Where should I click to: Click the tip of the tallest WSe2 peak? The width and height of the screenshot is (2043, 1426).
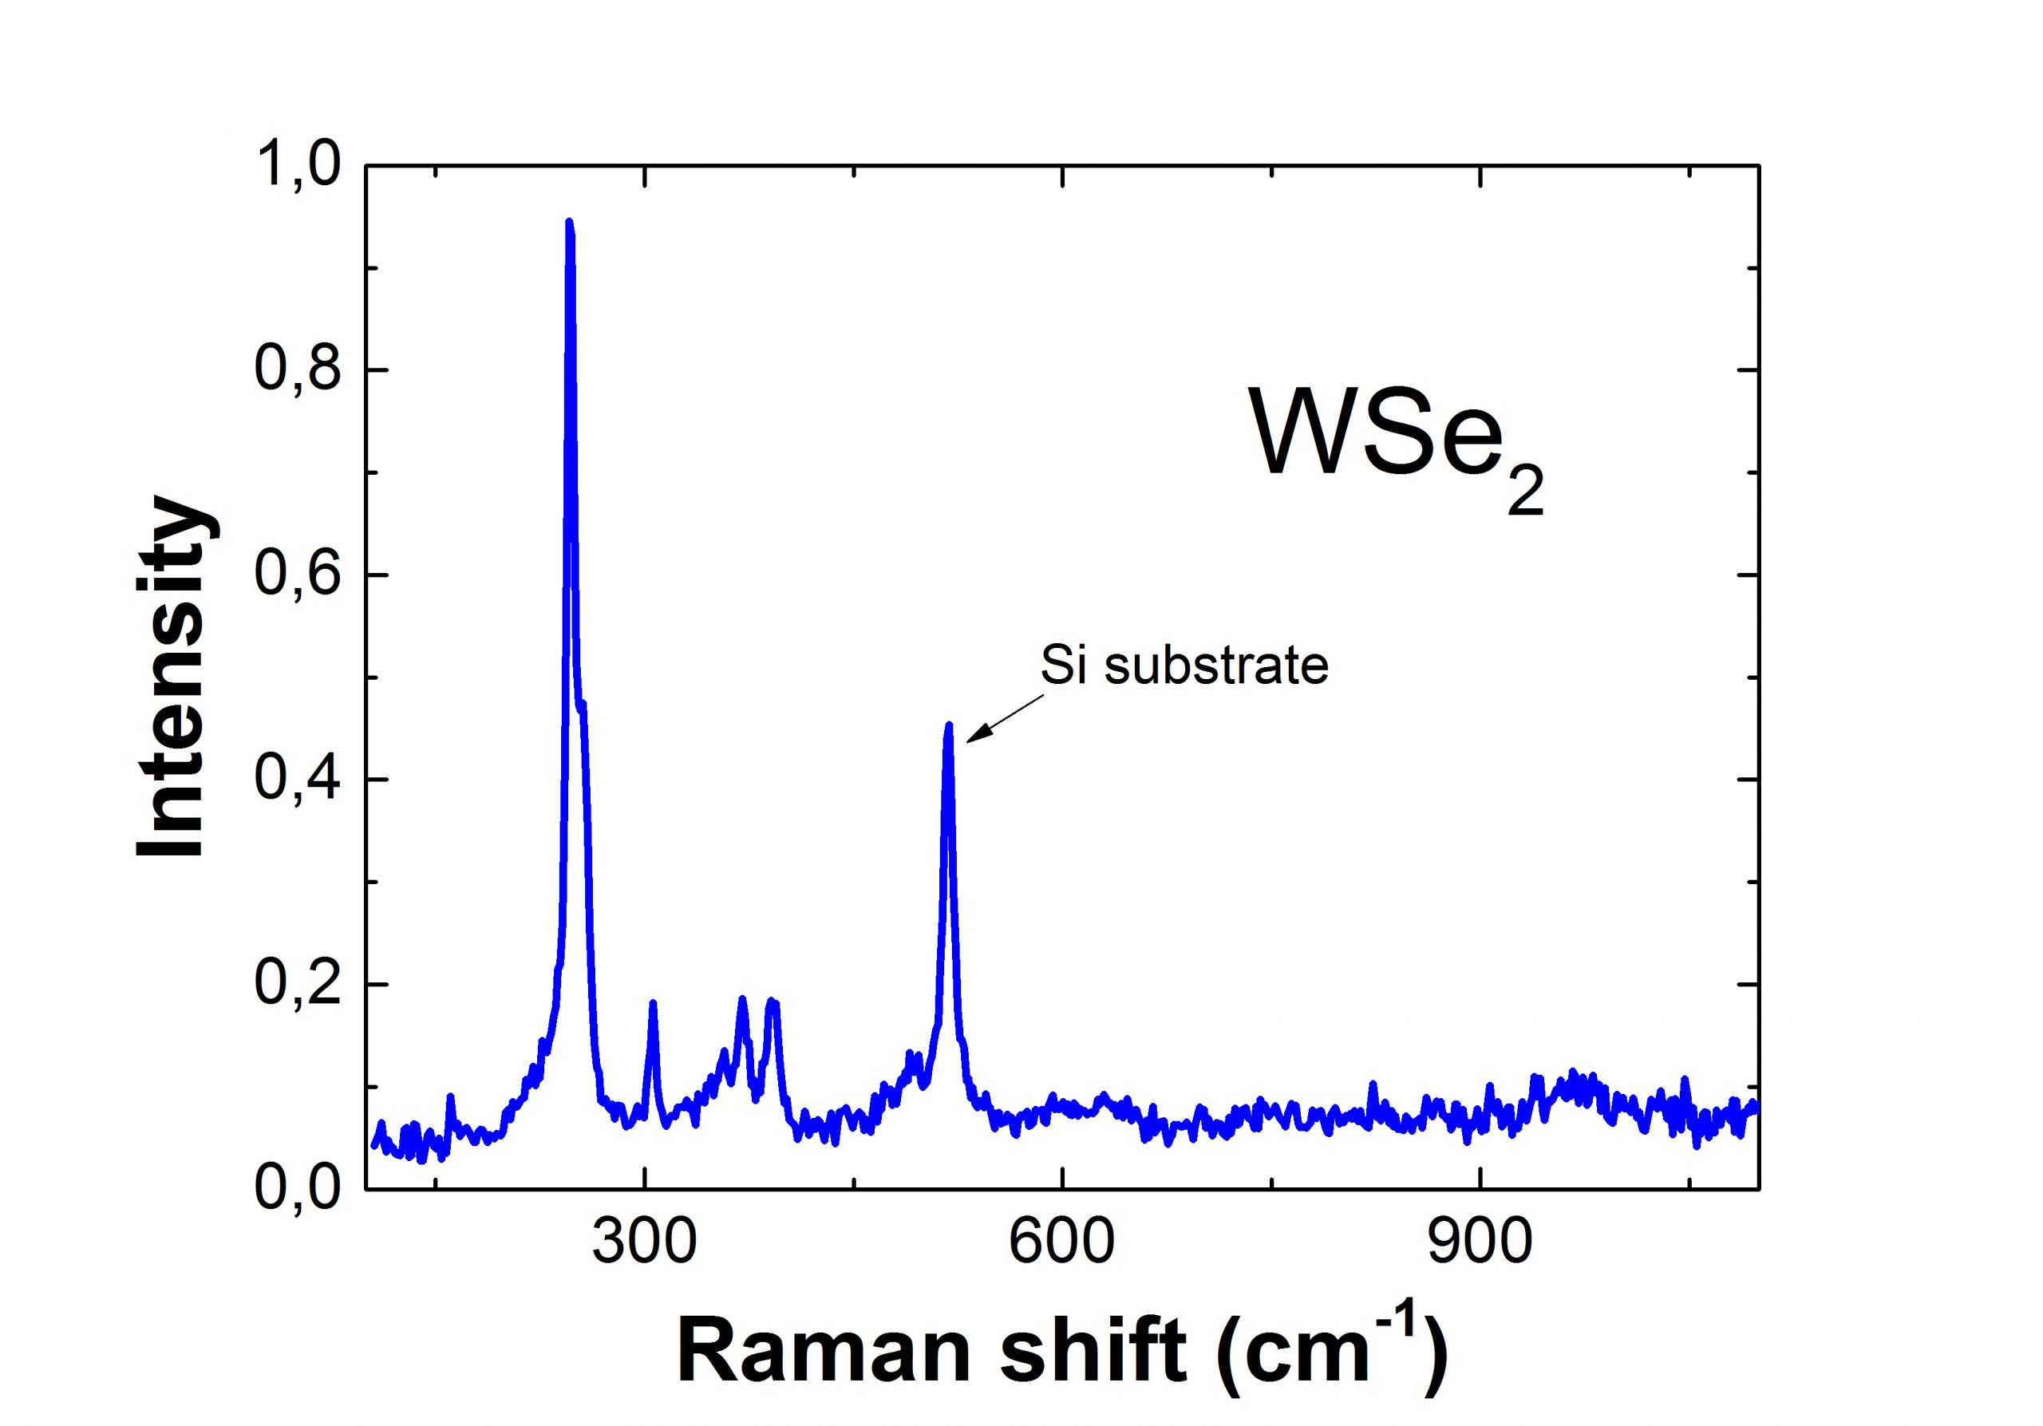570,223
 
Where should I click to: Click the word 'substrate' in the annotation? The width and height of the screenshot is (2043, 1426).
1216,666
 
